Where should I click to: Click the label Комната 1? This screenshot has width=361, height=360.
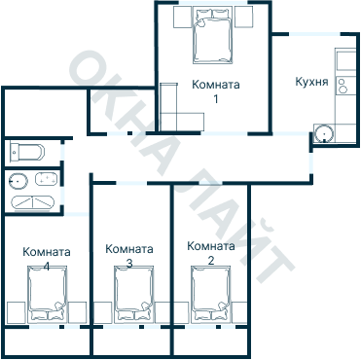(215, 91)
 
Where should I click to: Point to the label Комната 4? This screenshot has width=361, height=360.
(46, 258)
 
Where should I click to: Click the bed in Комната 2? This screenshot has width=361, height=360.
(211, 298)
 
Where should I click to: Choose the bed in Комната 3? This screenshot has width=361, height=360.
(134, 298)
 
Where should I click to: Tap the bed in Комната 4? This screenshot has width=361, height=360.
(48, 298)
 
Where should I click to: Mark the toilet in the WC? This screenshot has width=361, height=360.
(25, 152)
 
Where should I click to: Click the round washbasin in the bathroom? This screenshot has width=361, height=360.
(17, 180)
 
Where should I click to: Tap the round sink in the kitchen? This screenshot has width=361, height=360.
(323, 133)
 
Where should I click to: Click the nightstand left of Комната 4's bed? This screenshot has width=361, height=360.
(15, 311)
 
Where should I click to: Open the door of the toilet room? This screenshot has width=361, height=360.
(59, 152)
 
